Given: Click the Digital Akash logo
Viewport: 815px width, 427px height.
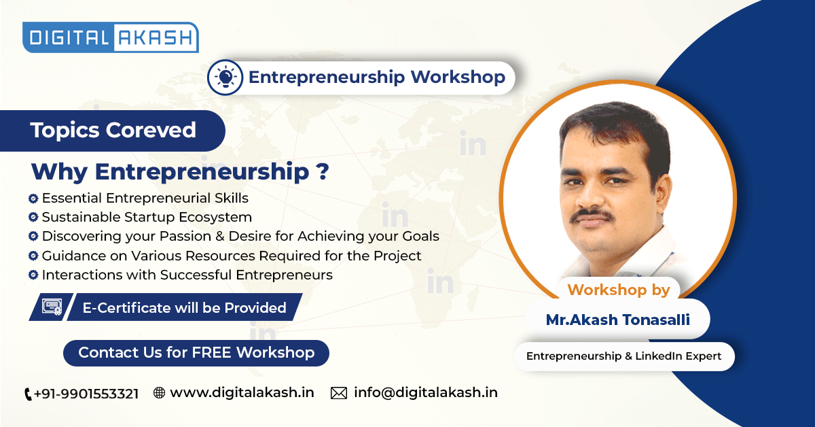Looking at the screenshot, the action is [x=111, y=37].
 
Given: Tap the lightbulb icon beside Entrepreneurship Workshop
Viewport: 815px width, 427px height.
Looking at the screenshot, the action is [x=225, y=78].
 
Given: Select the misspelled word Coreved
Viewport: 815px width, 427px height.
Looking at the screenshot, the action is [x=151, y=130].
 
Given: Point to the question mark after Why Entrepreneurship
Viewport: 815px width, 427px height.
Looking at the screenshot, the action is [x=323, y=171].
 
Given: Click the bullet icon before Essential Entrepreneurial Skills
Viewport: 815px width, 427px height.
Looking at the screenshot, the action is [x=33, y=199].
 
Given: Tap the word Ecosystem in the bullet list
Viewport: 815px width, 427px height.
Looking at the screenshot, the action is [x=215, y=218].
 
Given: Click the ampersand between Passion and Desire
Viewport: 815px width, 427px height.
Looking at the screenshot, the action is [x=219, y=236].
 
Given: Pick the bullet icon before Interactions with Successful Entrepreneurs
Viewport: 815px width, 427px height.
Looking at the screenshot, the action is [x=33, y=275].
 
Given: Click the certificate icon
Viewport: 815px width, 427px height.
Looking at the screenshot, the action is [x=52, y=307].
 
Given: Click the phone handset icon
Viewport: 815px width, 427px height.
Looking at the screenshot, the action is [x=28, y=394].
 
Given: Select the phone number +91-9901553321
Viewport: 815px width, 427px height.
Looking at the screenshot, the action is [x=86, y=394].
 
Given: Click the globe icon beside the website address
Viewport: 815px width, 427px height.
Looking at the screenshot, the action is [x=159, y=393].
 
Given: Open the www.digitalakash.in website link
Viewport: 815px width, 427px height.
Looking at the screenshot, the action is [x=242, y=393].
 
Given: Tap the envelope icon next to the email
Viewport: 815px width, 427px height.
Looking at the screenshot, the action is [x=339, y=393].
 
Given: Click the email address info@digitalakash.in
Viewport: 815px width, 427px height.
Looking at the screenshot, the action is [x=426, y=393].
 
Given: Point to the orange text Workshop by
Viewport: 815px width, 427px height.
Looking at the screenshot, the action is [x=619, y=290].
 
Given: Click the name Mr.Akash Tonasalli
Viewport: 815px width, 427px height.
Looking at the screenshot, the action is [x=618, y=320].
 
